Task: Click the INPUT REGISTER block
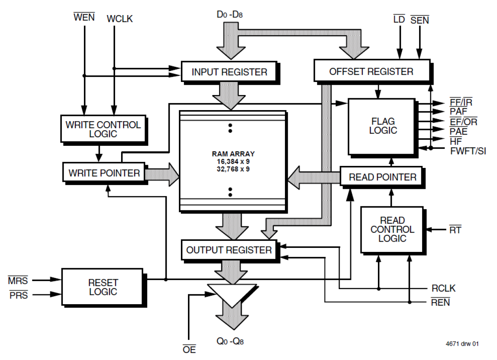pos(229,72)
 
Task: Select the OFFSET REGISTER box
pos(371,72)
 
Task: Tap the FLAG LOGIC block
pos(382,126)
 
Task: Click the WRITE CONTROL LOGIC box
pos(103,129)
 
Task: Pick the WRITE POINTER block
pos(104,173)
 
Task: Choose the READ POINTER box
pos(382,177)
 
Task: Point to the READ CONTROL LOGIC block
pos(392,230)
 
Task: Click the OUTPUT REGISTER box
pos(229,250)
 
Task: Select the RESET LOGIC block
pos(102,288)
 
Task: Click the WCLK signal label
pos(120,19)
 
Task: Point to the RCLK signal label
pos(443,288)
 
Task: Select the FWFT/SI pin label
pos(468,151)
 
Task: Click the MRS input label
pos(18,281)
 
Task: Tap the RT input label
pos(455,230)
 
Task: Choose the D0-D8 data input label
pos(230,15)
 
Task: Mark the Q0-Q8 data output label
pos(230,341)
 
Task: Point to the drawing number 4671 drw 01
pos(461,344)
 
